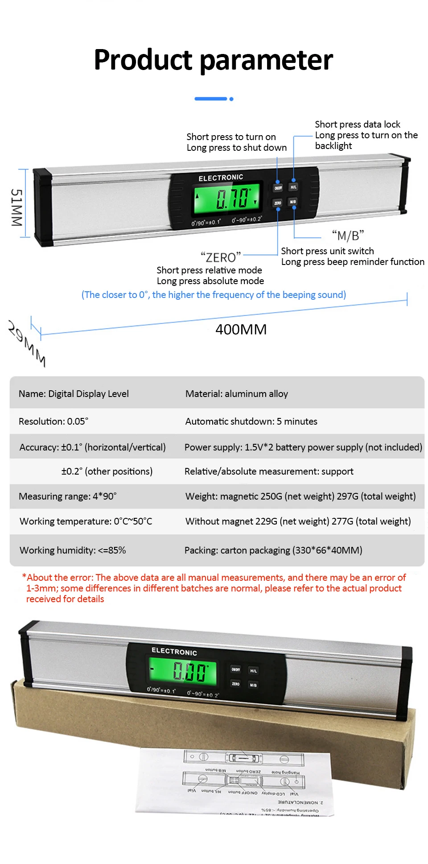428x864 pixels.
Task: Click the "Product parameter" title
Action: coord(213,60)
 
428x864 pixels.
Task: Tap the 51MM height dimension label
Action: coord(16,207)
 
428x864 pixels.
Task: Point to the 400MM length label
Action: coord(241,330)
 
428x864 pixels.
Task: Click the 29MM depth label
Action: coord(27,343)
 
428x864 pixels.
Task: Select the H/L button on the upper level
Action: coord(293,187)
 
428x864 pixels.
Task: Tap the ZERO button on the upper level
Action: coord(278,203)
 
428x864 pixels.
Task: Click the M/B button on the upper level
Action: coord(293,202)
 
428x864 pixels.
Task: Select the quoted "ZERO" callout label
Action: coord(220,257)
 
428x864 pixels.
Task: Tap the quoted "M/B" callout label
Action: coord(348,235)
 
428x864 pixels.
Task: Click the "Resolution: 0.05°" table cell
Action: coord(53,422)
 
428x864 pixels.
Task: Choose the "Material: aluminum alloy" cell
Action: coord(237,394)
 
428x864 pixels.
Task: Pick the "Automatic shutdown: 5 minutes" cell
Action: coord(251,422)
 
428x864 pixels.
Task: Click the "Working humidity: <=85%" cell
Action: coord(73,550)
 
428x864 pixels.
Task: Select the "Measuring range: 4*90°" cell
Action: coord(68,496)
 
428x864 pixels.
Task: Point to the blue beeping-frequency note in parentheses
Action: coord(214,295)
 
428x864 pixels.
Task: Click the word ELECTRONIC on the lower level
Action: coord(174,651)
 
